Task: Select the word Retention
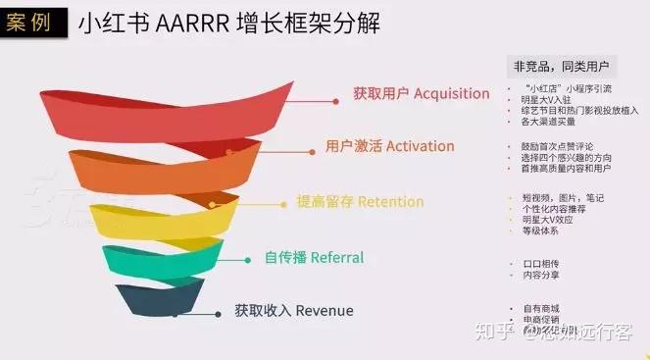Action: click(x=390, y=202)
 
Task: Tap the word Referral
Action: click(x=337, y=258)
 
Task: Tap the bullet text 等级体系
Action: click(x=540, y=231)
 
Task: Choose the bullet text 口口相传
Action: click(x=540, y=265)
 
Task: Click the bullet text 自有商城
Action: click(x=540, y=308)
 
